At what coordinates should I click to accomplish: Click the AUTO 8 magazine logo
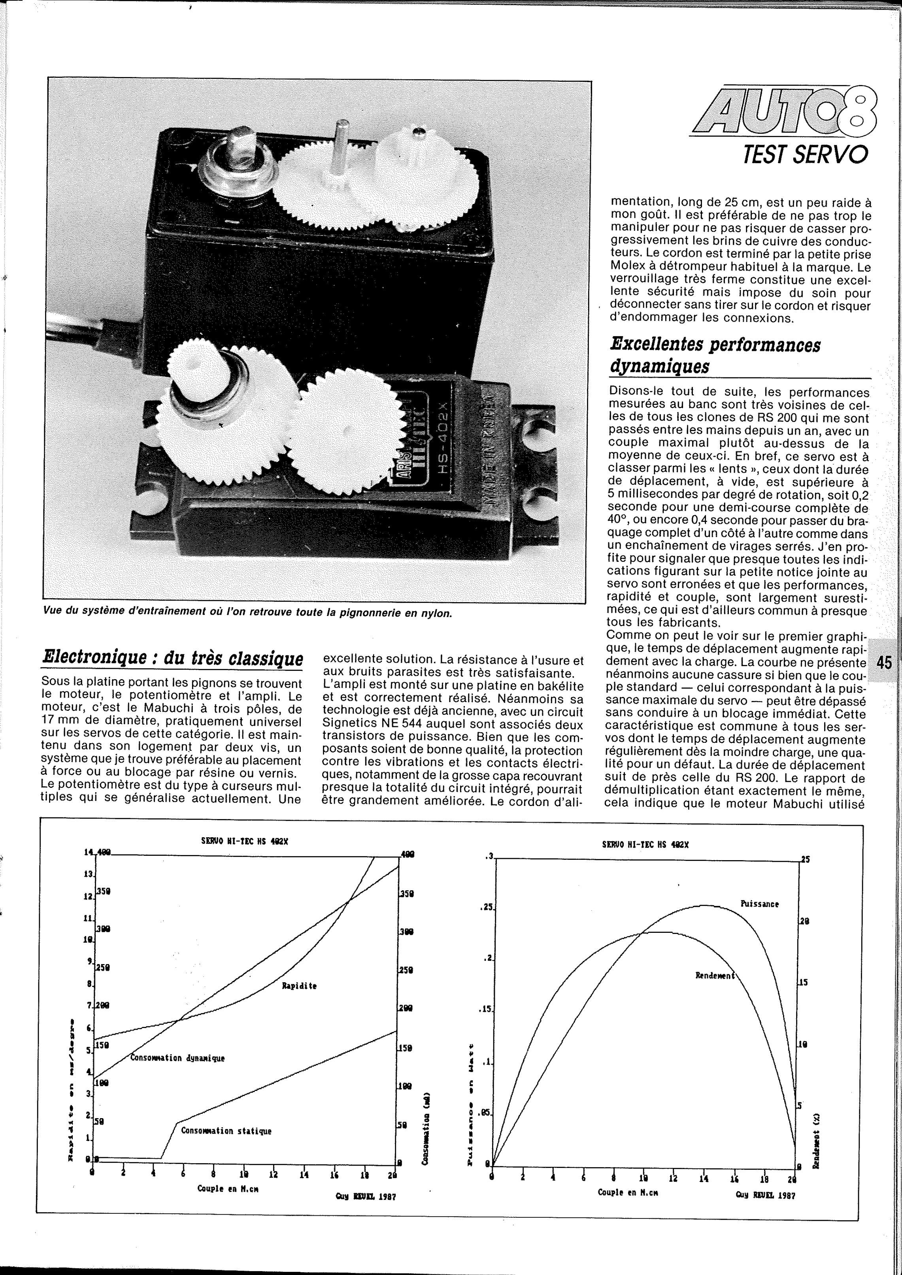(783, 111)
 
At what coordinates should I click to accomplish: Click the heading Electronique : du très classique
(173, 659)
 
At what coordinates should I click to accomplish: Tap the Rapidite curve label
(299, 986)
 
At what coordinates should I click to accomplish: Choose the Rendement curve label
(714, 976)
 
